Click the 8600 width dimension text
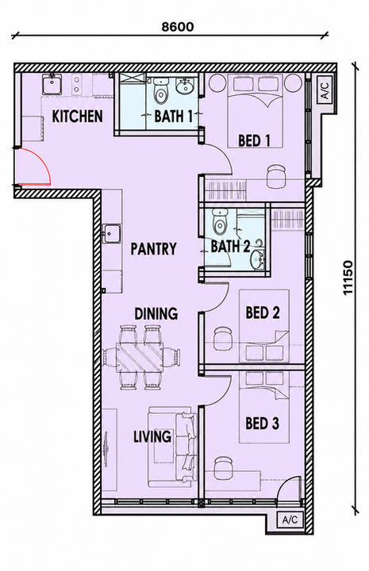(x=178, y=27)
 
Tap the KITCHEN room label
(x=77, y=117)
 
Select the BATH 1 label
(x=173, y=116)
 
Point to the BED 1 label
(x=254, y=140)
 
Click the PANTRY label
(x=154, y=249)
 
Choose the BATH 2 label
(x=231, y=247)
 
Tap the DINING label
(x=156, y=313)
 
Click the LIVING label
(x=152, y=436)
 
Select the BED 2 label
(x=263, y=312)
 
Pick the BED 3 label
(x=263, y=423)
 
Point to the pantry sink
(x=112, y=233)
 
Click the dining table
(x=140, y=357)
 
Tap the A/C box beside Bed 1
(x=325, y=90)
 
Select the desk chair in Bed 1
(x=275, y=175)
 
